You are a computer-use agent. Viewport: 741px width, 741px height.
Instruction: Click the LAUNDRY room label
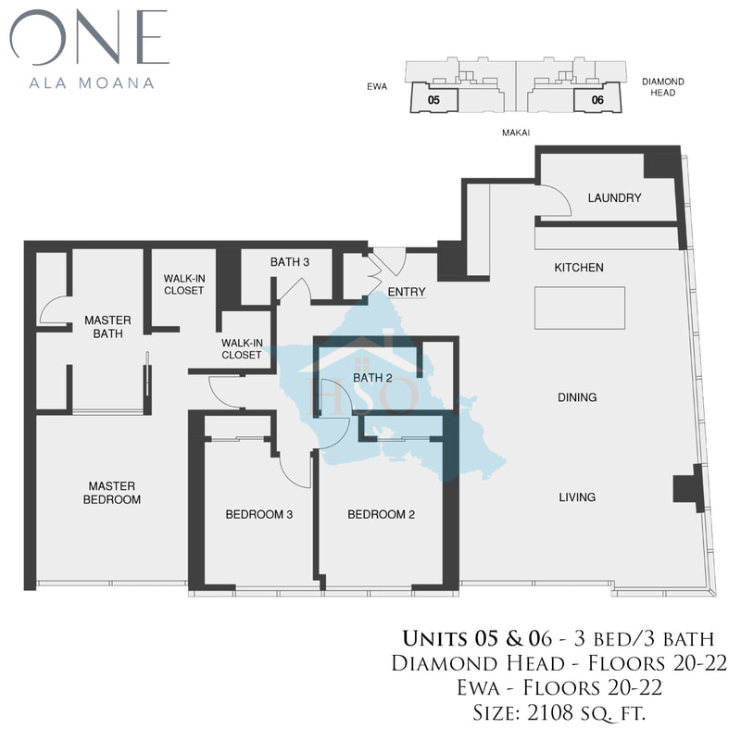(614, 197)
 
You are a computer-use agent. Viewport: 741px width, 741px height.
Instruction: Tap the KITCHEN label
(579, 268)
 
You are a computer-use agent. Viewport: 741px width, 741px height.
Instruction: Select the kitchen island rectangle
(580, 308)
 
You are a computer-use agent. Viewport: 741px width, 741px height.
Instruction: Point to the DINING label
(577, 397)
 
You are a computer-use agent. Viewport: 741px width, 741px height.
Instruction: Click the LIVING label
(577, 497)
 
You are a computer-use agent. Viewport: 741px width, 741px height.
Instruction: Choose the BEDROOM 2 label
(381, 514)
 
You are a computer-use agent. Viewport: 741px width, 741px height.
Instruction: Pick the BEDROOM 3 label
(259, 514)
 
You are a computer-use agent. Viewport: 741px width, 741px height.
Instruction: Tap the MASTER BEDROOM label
(112, 493)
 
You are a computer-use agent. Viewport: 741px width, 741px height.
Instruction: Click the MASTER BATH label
(107, 327)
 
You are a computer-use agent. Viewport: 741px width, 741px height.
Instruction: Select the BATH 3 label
(290, 262)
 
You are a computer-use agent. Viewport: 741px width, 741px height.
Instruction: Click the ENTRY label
(407, 292)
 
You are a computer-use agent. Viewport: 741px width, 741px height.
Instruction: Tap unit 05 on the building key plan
(433, 100)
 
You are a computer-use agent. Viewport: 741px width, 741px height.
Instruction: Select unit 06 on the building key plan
(597, 100)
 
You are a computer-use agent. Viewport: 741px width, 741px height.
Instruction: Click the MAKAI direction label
(516, 132)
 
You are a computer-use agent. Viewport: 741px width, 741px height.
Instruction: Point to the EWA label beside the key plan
(377, 86)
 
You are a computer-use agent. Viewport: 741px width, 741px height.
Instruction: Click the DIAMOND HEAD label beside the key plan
(662, 87)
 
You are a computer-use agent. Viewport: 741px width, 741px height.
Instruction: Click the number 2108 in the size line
(548, 713)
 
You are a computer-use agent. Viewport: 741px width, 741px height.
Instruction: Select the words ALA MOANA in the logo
(92, 83)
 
